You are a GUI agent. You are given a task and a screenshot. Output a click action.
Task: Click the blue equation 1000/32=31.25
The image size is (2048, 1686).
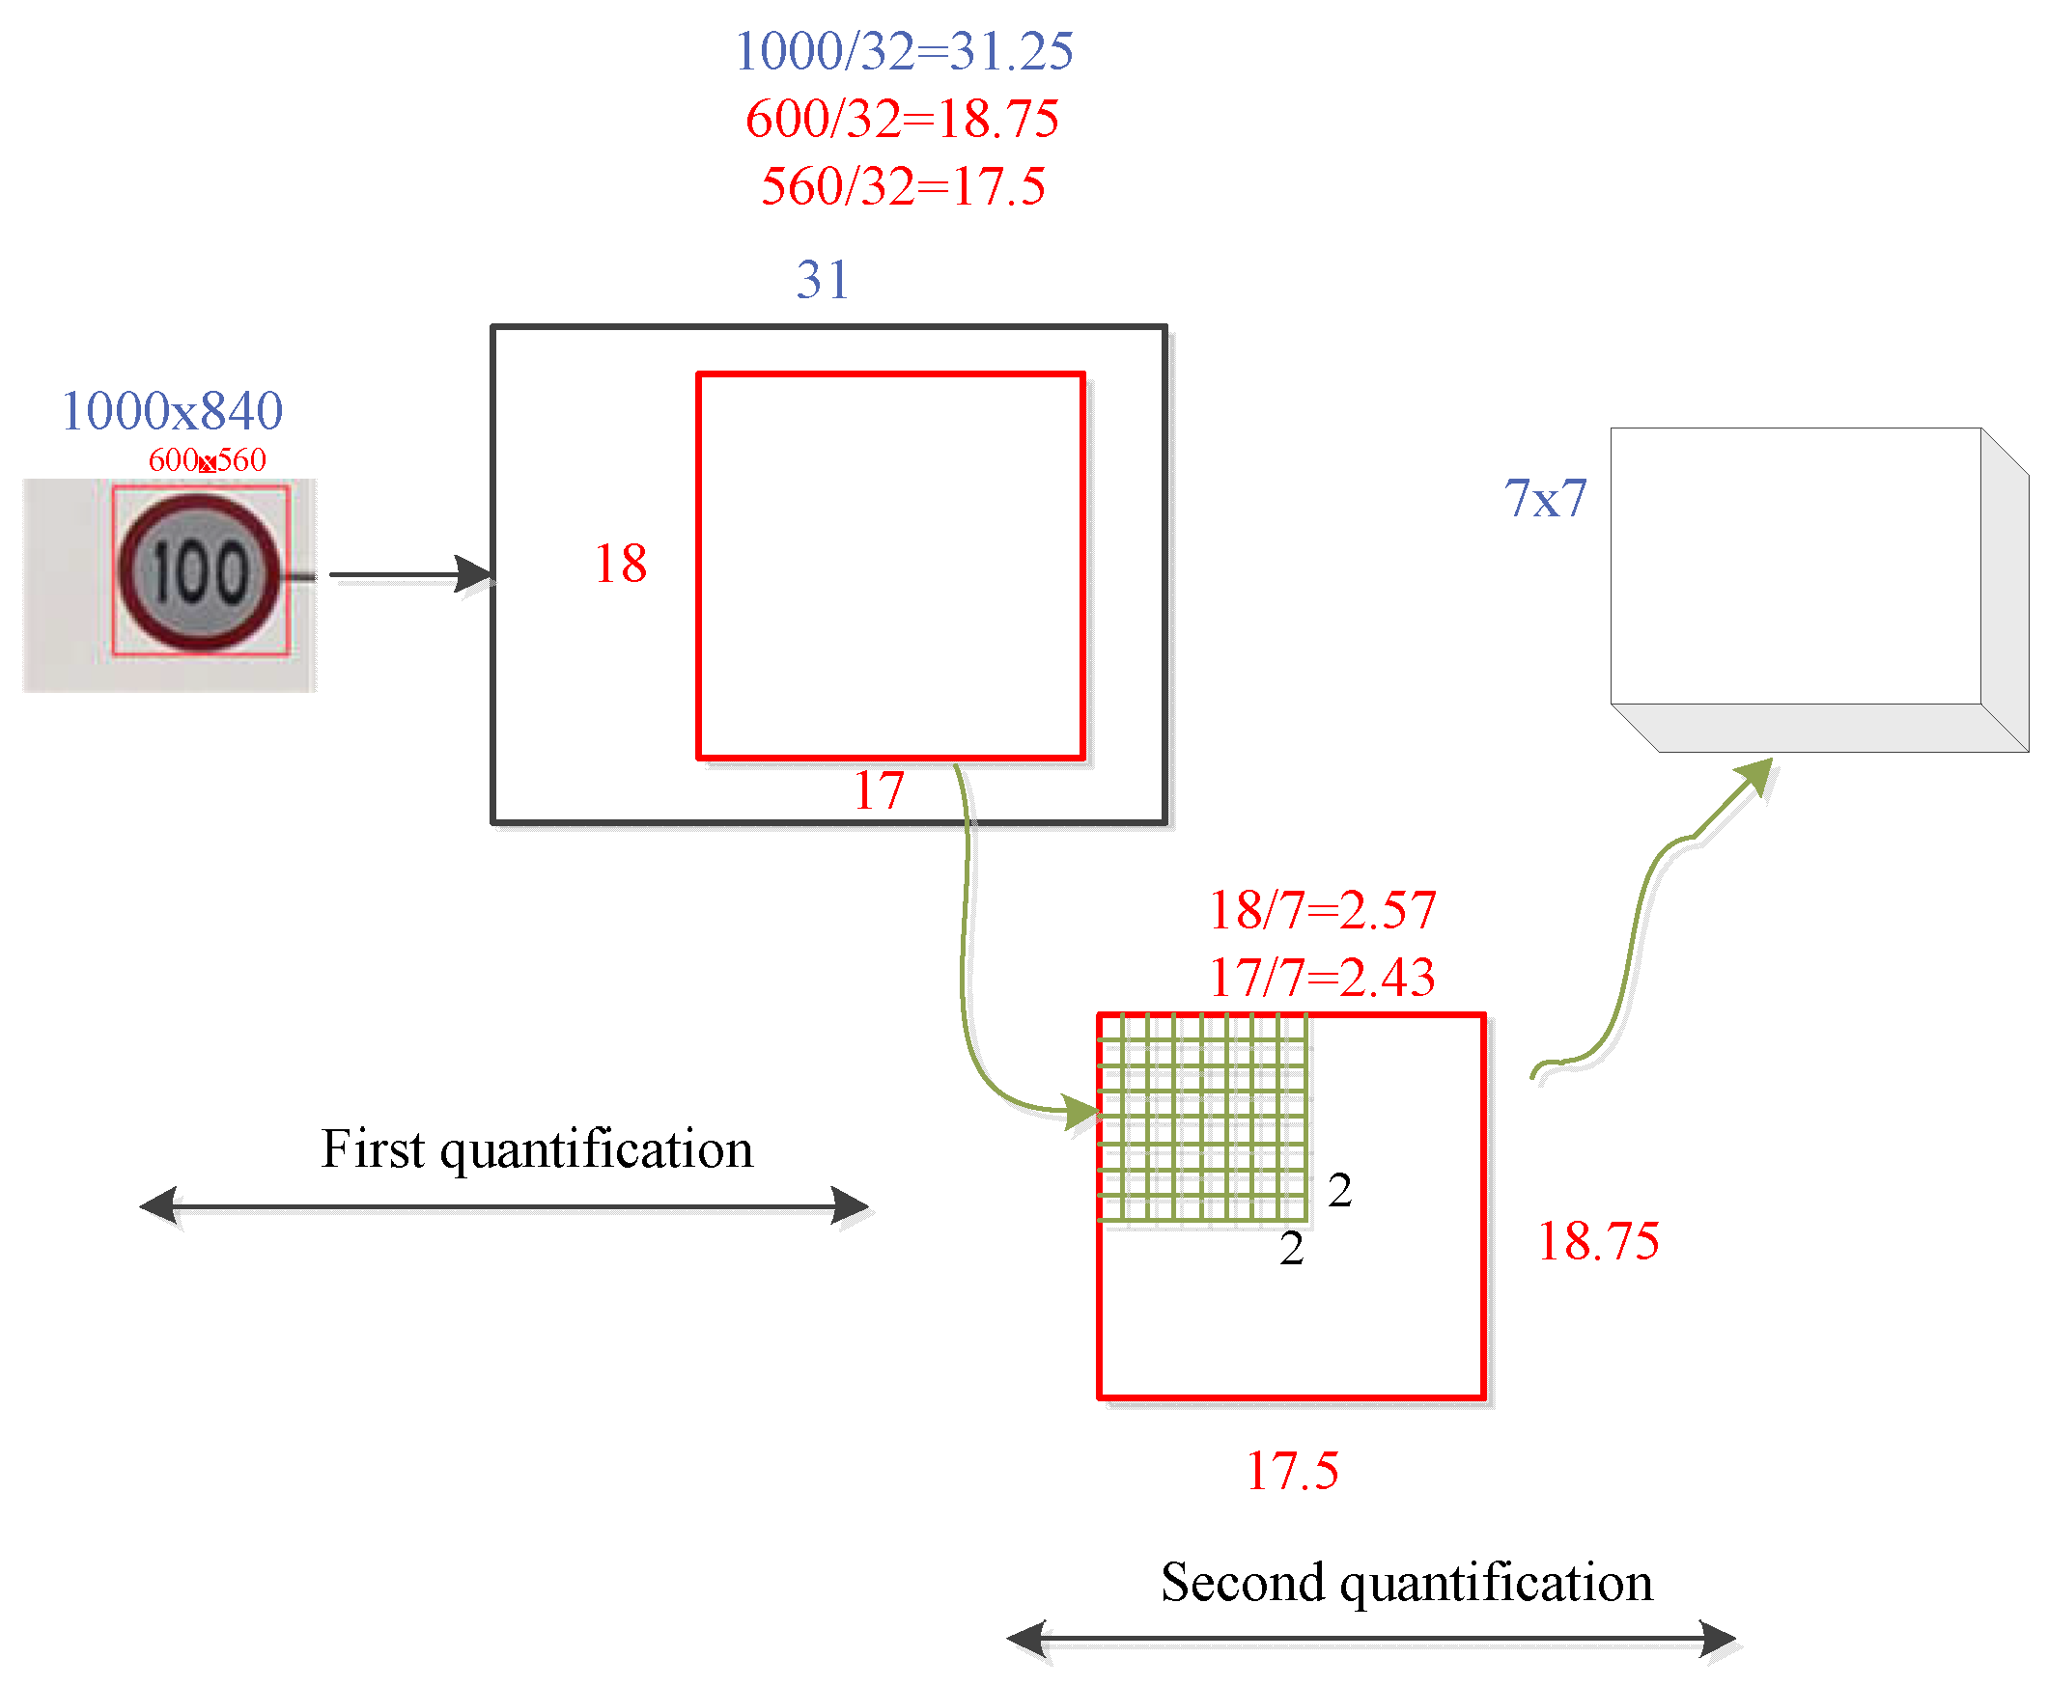903,51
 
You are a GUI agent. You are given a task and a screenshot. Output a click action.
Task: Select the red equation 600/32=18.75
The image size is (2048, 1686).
901,119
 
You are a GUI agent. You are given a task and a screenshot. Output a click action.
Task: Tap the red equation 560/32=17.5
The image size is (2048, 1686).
903,185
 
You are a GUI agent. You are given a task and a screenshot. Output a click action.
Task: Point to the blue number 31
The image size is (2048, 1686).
822,280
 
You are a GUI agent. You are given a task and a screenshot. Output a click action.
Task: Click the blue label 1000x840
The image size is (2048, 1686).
171,411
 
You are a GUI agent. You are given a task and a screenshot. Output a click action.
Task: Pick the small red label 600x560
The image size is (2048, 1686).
206,459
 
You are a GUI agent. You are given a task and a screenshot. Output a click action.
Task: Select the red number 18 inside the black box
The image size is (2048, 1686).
620,564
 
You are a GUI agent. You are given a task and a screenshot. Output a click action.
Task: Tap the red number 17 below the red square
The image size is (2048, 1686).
878,789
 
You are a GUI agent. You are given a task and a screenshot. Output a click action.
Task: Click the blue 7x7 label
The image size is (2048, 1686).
1545,498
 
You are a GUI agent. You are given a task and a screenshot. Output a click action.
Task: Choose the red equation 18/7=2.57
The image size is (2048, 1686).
1321,910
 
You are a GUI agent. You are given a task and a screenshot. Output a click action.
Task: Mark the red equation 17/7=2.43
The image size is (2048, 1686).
1321,977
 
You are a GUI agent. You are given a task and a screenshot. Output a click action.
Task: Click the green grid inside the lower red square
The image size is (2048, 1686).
1202,1117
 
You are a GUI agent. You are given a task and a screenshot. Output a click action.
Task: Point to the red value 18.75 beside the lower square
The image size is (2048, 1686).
1597,1241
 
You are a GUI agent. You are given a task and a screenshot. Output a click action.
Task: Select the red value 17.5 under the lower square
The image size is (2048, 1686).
1291,1471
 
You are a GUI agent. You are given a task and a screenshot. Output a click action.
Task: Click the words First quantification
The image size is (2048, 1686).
536,1148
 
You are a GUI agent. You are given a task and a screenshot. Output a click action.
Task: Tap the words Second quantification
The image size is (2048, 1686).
1406,1582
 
